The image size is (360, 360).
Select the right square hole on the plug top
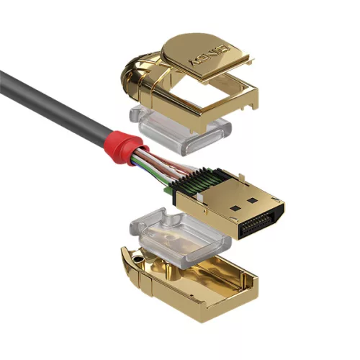[253, 195]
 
